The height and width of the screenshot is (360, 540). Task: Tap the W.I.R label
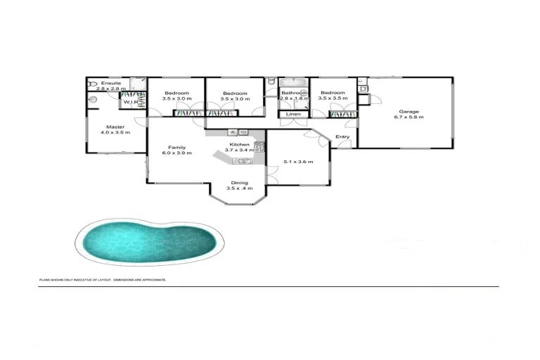131,103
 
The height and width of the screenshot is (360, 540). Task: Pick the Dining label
240,183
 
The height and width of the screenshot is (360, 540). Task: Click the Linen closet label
293,114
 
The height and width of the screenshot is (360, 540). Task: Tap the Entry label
342,136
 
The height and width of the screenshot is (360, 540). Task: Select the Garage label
409,111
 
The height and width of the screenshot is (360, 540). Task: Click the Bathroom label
293,93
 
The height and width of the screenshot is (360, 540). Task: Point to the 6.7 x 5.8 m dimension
409,117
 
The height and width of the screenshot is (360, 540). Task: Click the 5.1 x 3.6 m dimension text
297,162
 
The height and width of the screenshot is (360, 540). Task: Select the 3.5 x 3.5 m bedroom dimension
332,98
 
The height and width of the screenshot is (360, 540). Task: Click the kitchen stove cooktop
259,146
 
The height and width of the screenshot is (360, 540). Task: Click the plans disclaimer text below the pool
103,280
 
